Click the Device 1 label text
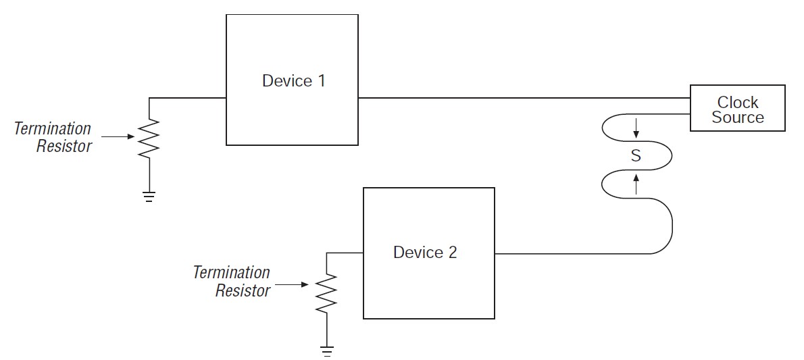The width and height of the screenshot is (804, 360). (293, 81)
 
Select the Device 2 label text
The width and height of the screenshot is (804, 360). (425, 253)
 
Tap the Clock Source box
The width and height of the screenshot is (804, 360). (737, 108)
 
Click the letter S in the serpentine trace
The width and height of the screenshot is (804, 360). (635, 156)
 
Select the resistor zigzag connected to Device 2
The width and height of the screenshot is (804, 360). (326, 292)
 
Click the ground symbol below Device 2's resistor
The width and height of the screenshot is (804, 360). (326, 351)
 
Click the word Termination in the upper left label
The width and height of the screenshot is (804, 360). (53, 128)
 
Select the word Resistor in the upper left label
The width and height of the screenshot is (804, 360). (64, 146)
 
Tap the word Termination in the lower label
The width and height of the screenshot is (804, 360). (231, 273)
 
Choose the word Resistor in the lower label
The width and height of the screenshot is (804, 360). (243, 290)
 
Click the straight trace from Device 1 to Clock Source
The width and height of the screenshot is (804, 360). (524, 98)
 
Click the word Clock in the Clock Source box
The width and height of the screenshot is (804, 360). (737, 102)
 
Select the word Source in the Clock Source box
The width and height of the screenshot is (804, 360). (737, 118)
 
